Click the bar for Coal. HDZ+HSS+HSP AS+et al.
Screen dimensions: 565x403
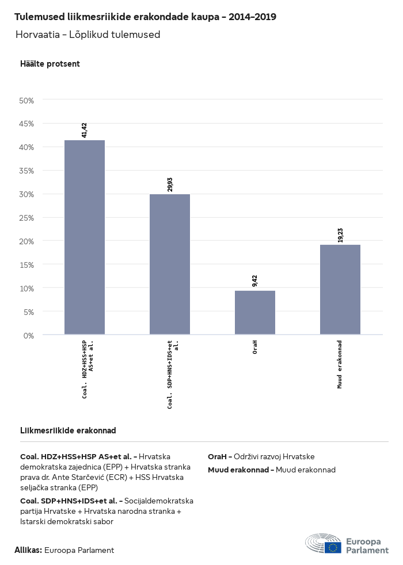(x=85, y=237)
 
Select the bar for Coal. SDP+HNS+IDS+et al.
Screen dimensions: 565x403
(x=170, y=264)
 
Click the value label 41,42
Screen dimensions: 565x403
(x=85, y=130)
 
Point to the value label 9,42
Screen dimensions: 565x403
(x=255, y=280)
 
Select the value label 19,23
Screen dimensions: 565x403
(x=340, y=235)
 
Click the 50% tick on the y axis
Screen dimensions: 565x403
(x=27, y=100)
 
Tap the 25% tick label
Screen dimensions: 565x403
(x=27, y=217)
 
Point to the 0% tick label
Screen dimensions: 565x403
(x=29, y=335)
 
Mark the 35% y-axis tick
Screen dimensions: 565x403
(x=27, y=171)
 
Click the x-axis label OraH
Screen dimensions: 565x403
(x=255, y=347)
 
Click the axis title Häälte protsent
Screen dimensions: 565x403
(x=50, y=64)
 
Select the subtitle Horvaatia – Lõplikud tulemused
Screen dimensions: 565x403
(x=88, y=34)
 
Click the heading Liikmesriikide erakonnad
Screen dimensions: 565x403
(x=69, y=431)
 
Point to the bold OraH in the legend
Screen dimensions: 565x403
(x=218, y=456)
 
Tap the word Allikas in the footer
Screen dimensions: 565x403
(x=28, y=550)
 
